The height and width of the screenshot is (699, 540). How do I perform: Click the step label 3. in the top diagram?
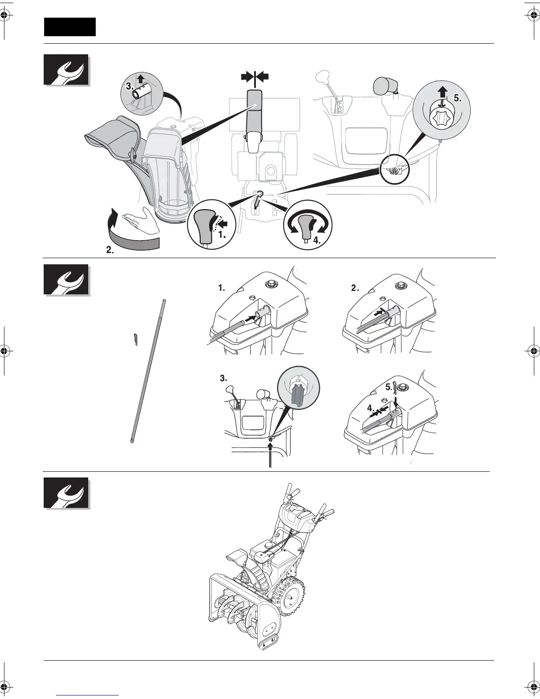coord(129,87)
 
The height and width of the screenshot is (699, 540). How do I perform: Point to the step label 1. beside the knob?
coord(222,235)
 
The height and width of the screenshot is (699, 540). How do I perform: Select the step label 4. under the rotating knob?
coord(317,241)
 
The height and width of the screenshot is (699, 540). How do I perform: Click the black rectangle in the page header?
coord(70,27)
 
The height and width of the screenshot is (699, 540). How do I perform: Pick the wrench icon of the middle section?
coord(67,280)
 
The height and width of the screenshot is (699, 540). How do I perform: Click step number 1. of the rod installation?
coord(221,288)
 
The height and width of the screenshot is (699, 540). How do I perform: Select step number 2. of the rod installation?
coord(355,288)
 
